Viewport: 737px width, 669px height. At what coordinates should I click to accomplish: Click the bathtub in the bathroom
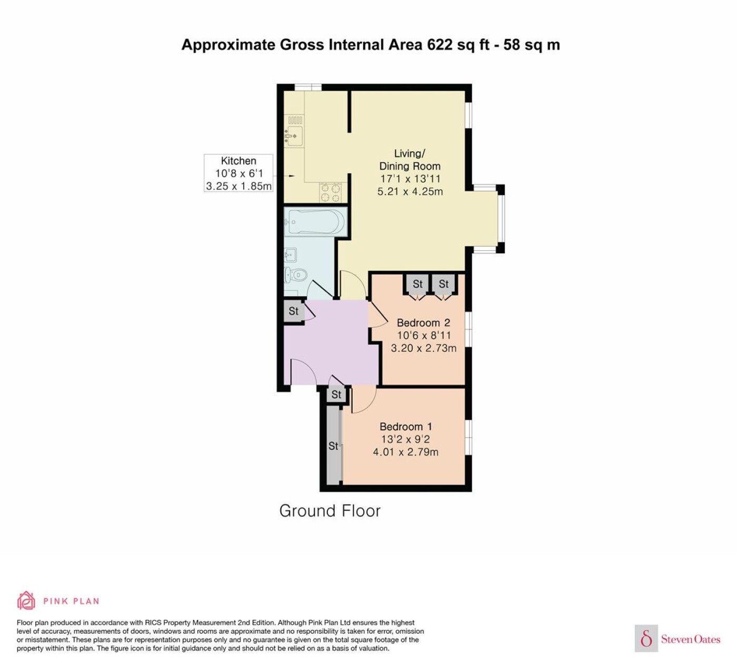click(316, 221)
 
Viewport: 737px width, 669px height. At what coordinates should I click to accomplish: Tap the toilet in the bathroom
click(296, 275)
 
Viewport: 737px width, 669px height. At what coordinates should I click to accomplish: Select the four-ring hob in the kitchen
click(330, 193)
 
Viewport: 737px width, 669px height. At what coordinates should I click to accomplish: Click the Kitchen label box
click(238, 173)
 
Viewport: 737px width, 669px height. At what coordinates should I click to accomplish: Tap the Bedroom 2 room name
click(423, 322)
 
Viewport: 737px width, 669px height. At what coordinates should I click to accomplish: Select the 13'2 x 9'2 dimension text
click(405, 439)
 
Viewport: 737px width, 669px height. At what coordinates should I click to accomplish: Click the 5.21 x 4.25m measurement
click(410, 191)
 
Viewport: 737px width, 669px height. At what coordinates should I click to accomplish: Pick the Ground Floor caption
click(330, 511)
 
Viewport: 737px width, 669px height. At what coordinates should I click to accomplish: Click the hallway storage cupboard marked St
click(294, 311)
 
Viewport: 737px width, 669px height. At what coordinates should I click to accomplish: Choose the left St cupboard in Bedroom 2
click(417, 284)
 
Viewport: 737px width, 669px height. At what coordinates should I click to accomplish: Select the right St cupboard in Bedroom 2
click(443, 284)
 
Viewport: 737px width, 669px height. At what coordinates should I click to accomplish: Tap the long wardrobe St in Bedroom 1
click(334, 446)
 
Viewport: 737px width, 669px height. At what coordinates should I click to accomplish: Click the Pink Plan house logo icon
click(26, 600)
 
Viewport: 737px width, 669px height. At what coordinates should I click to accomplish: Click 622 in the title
click(440, 45)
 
